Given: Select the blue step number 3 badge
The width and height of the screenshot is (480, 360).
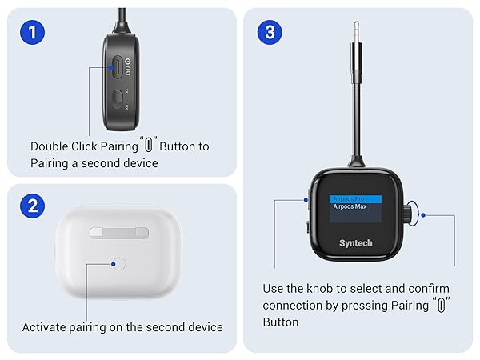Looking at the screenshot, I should pyautogui.click(x=269, y=33).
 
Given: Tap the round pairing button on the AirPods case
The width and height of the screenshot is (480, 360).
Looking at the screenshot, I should pyautogui.click(x=118, y=262).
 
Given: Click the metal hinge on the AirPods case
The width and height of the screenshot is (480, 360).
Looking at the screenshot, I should pyautogui.click(x=118, y=233).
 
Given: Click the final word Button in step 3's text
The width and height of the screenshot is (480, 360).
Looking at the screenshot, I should pyautogui.click(x=281, y=322).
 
